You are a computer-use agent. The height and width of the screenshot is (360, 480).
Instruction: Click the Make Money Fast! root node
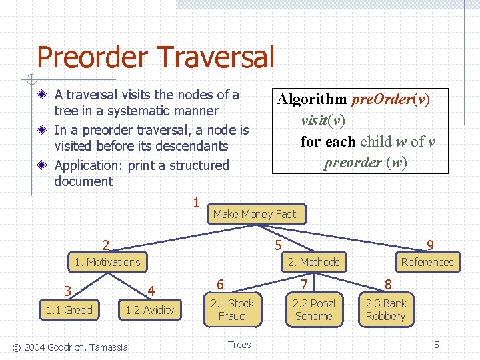257,214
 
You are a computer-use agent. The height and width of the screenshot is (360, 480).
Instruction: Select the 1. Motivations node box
108,262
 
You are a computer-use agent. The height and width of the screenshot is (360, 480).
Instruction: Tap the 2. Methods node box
313,262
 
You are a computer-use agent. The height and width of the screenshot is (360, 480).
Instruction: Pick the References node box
427,262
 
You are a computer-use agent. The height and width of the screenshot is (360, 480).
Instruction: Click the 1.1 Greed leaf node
69,310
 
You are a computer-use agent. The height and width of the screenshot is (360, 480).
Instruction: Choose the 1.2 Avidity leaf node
150,310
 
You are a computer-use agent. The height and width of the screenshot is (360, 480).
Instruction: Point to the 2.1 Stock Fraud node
232,309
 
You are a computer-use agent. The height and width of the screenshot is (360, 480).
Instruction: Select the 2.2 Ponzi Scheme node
313,309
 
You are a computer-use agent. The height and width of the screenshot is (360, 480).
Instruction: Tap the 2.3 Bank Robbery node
385,309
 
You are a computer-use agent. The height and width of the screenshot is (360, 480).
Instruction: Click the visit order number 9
430,246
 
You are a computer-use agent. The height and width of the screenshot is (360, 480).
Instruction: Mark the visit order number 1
195,202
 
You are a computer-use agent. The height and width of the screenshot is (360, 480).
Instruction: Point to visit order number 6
220,285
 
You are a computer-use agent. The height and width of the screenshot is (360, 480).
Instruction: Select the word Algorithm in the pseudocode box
312,100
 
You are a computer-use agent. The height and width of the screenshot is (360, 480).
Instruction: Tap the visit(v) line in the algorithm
323,121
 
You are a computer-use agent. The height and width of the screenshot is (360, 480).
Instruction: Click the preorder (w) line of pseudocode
365,163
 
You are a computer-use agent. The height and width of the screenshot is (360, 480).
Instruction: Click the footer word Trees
239,345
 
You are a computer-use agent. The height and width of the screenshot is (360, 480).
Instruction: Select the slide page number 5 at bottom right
437,345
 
